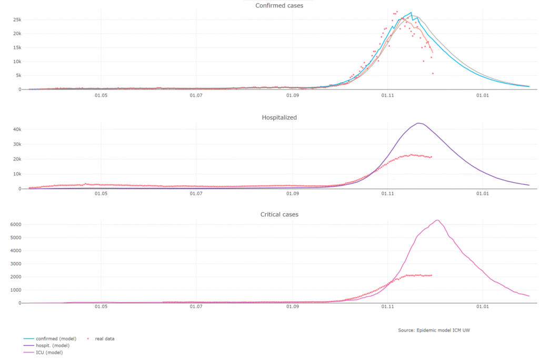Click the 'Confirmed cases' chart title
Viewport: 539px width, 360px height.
coord(279,6)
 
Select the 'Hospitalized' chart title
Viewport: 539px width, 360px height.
coord(279,117)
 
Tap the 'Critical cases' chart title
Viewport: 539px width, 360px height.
coord(279,215)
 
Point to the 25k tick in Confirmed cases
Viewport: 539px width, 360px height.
coord(16,20)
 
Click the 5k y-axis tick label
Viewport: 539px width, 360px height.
coord(17,75)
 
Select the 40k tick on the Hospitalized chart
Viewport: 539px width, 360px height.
coord(16,129)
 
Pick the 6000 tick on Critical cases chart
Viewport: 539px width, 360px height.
coord(15,225)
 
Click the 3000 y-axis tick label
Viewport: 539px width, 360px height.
coord(15,264)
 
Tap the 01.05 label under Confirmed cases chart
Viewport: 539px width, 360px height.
coord(101,96)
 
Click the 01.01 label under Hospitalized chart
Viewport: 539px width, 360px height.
coord(483,194)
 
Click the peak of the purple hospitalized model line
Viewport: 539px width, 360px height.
coord(418,124)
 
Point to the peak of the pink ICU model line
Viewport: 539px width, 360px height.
coord(437,220)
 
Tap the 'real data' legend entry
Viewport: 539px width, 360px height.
coord(104,338)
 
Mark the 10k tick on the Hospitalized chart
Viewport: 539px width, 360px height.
coord(16,174)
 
